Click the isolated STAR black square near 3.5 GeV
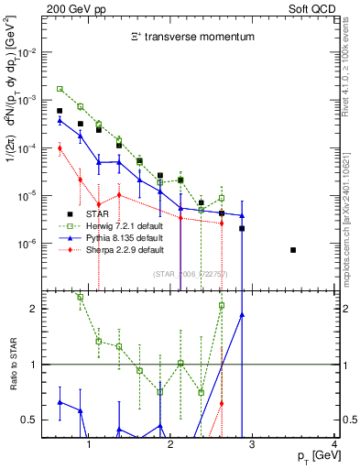(x=292, y=250)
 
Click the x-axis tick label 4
(x=335, y=445)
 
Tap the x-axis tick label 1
(x=89, y=445)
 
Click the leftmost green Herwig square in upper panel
(x=60, y=89)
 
